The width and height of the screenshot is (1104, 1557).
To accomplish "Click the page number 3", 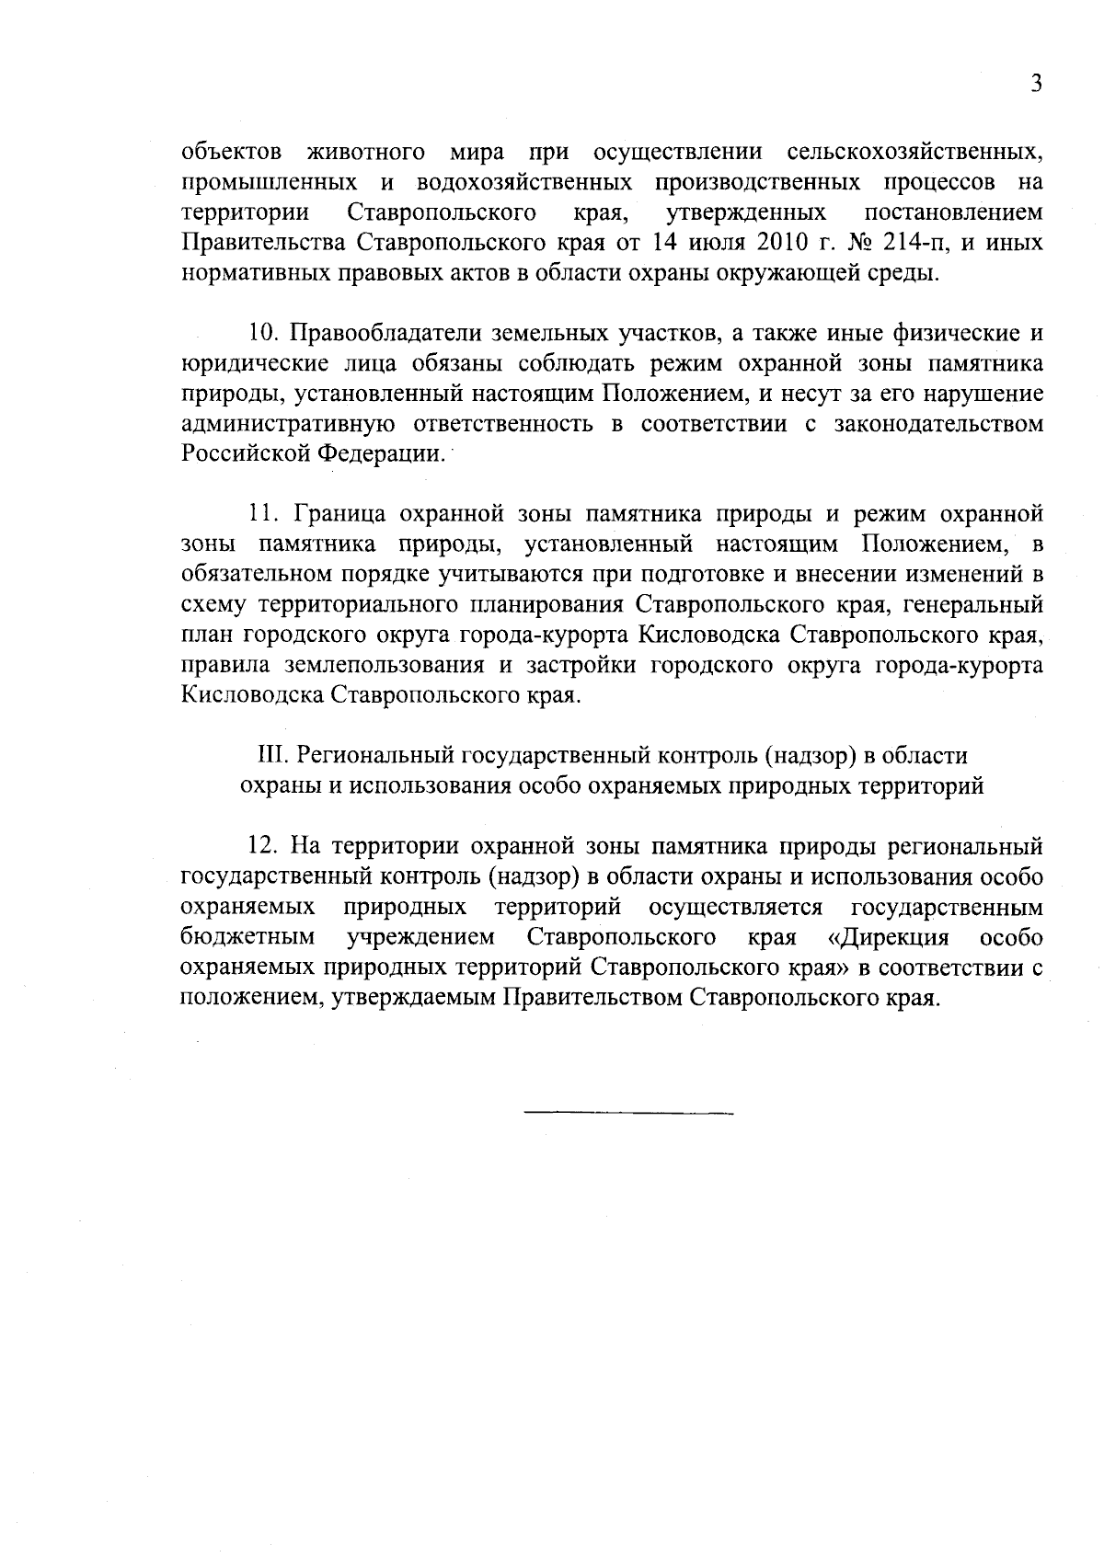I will tap(1036, 85).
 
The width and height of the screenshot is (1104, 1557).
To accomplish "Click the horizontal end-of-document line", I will tap(628, 1114).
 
